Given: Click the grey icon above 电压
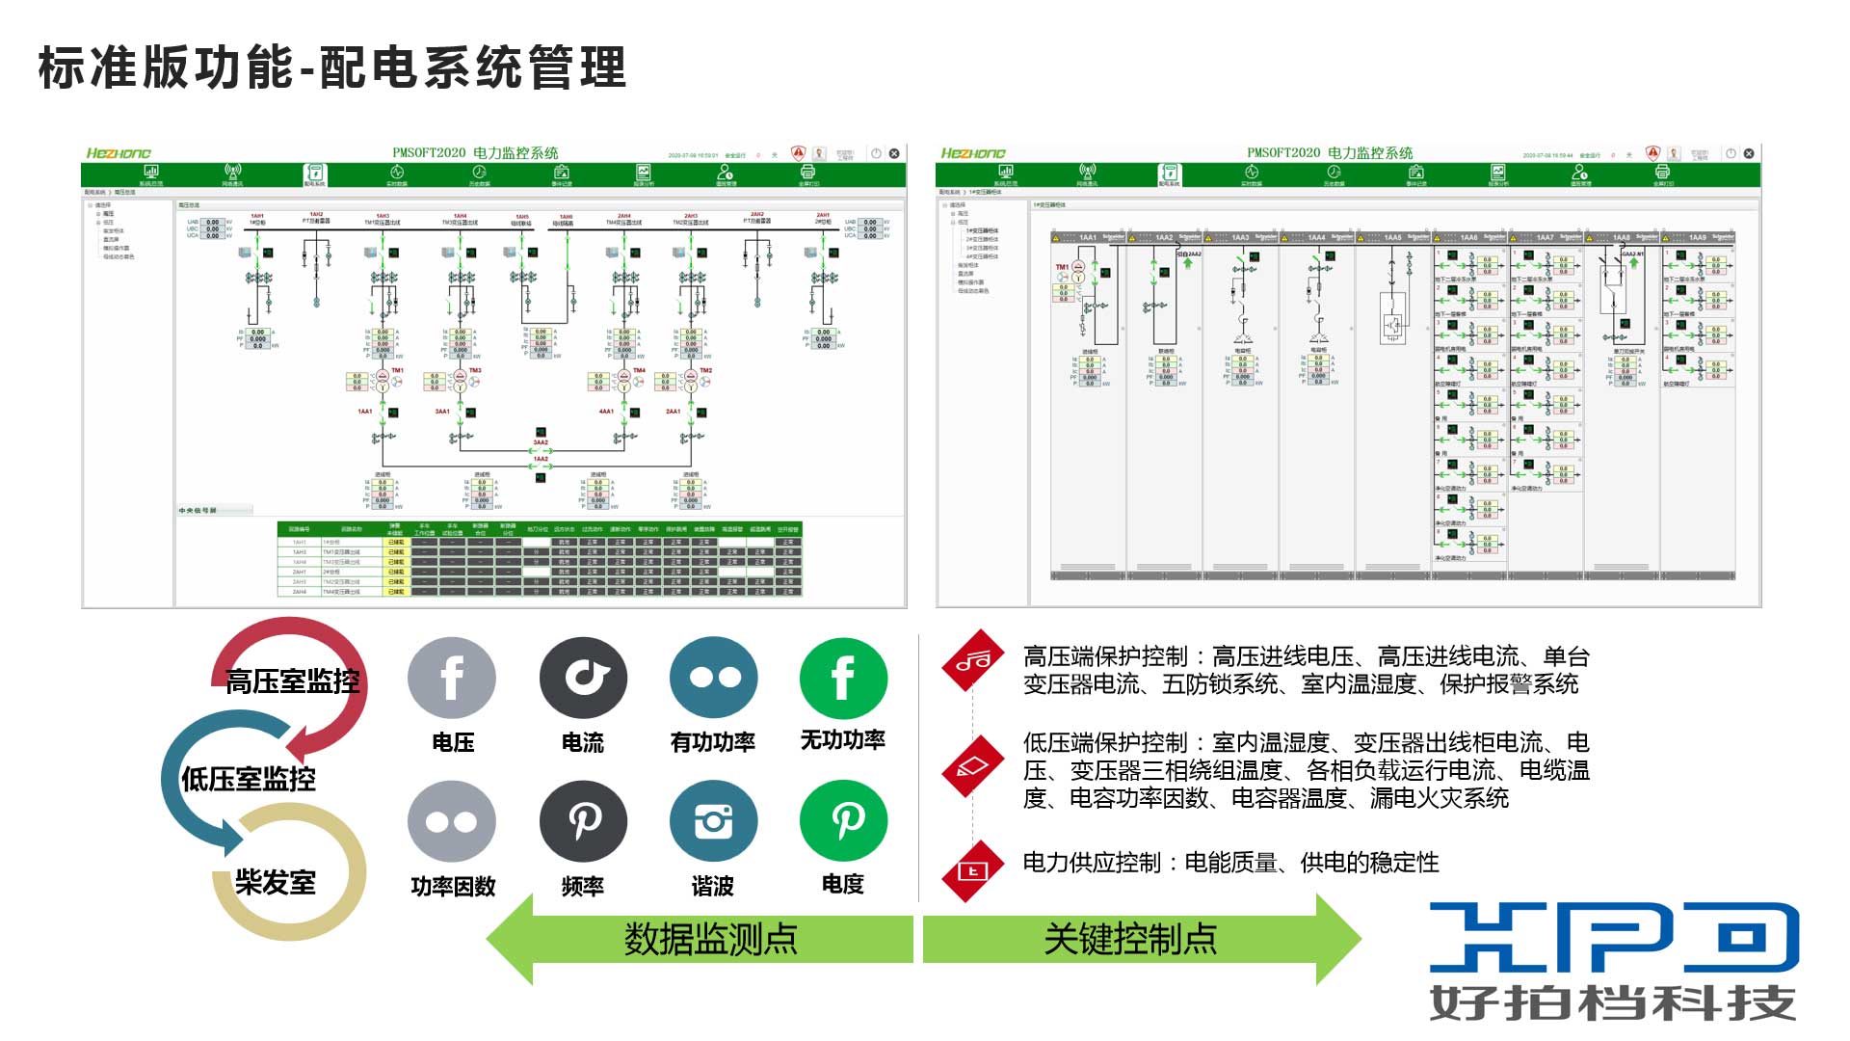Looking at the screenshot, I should click(452, 679).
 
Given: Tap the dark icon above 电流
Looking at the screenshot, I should click(583, 679).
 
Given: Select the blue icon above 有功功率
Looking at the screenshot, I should click(714, 679).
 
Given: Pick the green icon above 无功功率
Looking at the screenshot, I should click(843, 679).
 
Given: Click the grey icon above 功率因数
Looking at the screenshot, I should click(452, 822).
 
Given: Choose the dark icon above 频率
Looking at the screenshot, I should click(583, 822).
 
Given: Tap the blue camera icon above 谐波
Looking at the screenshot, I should click(714, 822).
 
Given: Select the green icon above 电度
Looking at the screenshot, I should click(843, 822).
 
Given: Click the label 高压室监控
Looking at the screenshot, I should click(292, 682).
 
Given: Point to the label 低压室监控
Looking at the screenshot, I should click(249, 779).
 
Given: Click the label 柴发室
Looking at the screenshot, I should click(276, 882).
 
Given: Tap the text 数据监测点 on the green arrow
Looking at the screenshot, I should click(710, 939).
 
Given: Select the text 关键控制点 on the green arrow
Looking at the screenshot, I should click(1130, 939).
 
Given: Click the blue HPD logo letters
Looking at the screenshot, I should click(1614, 937).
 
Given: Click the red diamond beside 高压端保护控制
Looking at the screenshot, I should click(973, 660).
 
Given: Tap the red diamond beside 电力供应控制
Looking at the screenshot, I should click(973, 871).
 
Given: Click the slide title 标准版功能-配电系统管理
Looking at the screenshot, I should click(332, 68).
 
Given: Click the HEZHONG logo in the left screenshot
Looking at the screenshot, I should click(119, 153).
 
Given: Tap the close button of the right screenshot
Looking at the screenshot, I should click(1749, 153).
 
